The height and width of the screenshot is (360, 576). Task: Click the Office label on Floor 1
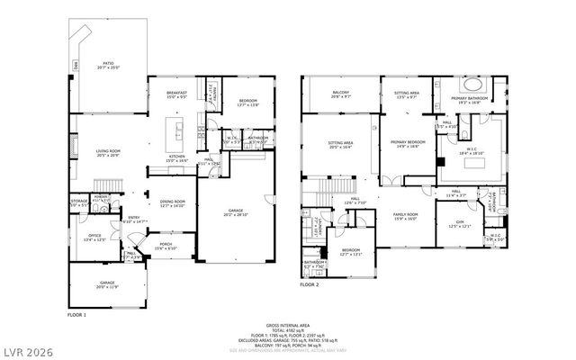(95, 238)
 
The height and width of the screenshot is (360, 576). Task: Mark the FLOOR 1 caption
(77, 316)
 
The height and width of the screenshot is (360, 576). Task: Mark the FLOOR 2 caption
(310, 283)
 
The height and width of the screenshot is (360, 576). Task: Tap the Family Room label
(406, 215)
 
